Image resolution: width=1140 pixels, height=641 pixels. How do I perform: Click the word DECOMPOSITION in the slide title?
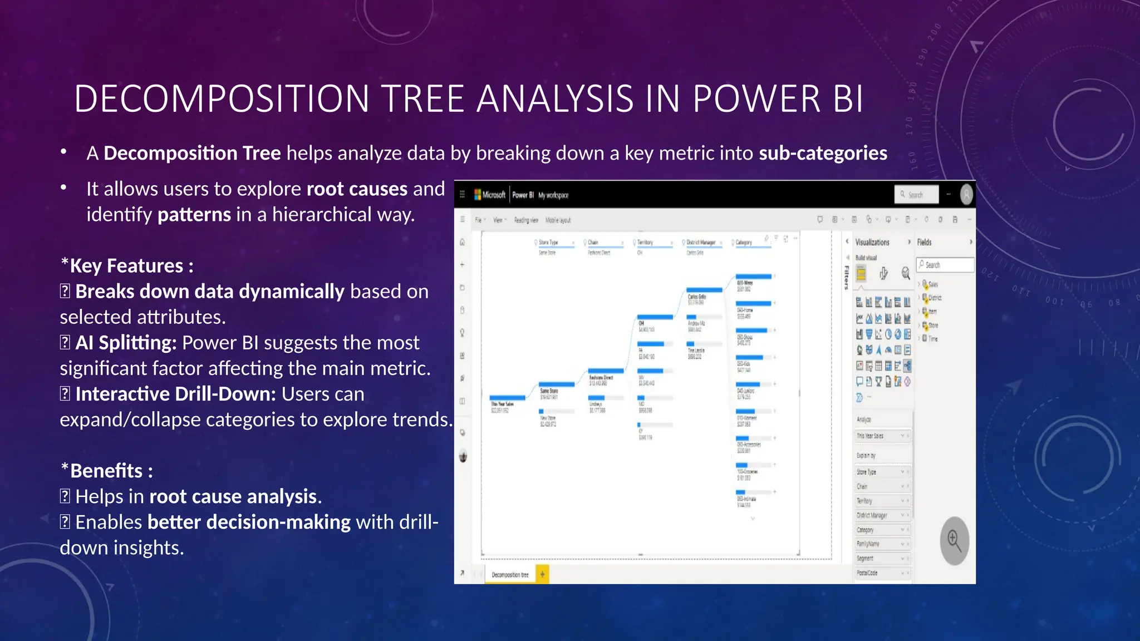(x=222, y=99)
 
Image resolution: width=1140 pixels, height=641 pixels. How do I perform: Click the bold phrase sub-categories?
(x=823, y=153)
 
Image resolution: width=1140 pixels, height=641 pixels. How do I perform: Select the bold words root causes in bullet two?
(x=357, y=189)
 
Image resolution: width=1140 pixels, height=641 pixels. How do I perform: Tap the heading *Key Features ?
(x=127, y=266)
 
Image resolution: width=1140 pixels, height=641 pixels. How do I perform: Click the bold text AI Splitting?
(x=126, y=343)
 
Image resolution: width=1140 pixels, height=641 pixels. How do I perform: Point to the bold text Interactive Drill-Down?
(x=175, y=394)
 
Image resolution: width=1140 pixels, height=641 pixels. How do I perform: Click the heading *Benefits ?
(x=106, y=471)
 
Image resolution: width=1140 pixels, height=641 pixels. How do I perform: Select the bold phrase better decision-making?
(x=249, y=522)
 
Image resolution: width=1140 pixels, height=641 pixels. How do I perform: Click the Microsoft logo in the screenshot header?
(x=489, y=195)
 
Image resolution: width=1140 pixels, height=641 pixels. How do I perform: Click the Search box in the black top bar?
(x=916, y=195)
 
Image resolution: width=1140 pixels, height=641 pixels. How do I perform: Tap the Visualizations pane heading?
(x=872, y=242)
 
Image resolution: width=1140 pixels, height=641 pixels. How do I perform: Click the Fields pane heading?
(x=924, y=242)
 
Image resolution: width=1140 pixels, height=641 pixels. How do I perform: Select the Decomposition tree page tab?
(x=510, y=575)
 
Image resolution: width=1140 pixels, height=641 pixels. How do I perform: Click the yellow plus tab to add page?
(x=542, y=574)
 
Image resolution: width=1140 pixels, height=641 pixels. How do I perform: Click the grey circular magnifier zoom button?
(x=954, y=541)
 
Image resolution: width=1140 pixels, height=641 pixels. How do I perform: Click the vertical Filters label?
(x=846, y=277)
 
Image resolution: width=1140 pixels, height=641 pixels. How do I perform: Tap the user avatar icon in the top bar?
(x=966, y=194)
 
